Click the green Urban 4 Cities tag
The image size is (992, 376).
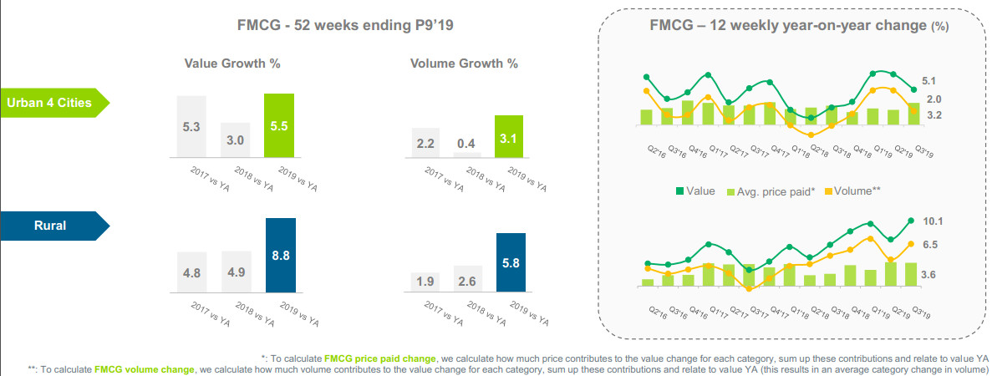tap(52, 103)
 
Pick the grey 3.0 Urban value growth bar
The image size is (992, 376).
tap(235, 140)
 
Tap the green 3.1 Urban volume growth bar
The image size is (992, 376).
tap(506, 136)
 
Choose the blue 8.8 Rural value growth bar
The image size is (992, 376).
tap(280, 255)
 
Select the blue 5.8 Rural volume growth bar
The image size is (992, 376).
tap(510, 262)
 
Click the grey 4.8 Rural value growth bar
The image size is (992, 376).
tap(191, 272)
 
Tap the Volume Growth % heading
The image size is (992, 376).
tap(463, 63)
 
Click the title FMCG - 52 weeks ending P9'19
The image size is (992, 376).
tap(345, 27)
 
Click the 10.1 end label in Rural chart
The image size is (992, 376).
tap(933, 221)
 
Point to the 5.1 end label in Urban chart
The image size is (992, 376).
tap(929, 81)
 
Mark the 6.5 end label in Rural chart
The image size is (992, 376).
tap(930, 245)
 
